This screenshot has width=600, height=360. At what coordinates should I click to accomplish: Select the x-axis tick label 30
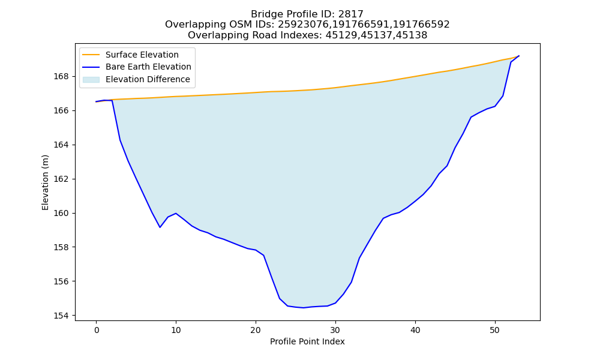coord(335,330)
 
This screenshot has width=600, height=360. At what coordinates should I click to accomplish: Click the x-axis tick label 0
coord(96,330)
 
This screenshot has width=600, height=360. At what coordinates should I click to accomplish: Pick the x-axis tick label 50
coord(495,330)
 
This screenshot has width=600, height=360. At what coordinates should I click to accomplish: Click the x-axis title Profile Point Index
coord(307,341)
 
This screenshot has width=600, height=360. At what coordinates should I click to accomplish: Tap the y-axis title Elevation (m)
coord(45,182)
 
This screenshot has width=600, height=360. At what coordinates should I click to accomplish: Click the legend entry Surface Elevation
coord(142,55)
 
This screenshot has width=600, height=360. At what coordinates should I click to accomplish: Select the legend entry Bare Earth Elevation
coord(148,67)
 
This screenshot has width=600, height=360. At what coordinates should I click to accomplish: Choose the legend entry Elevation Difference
coord(148,80)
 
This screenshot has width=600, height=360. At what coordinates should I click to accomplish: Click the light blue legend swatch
coord(91,80)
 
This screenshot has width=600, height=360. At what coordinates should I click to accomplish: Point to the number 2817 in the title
coord(351,14)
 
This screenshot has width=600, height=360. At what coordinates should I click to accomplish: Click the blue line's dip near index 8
coord(160,227)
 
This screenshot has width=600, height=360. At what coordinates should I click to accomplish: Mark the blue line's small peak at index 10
coord(176,214)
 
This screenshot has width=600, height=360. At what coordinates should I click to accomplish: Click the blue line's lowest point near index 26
coord(304,308)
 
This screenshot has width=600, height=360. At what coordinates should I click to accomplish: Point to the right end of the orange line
coord(519,56)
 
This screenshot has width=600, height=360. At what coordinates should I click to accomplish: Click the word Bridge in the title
coord(263,14)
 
